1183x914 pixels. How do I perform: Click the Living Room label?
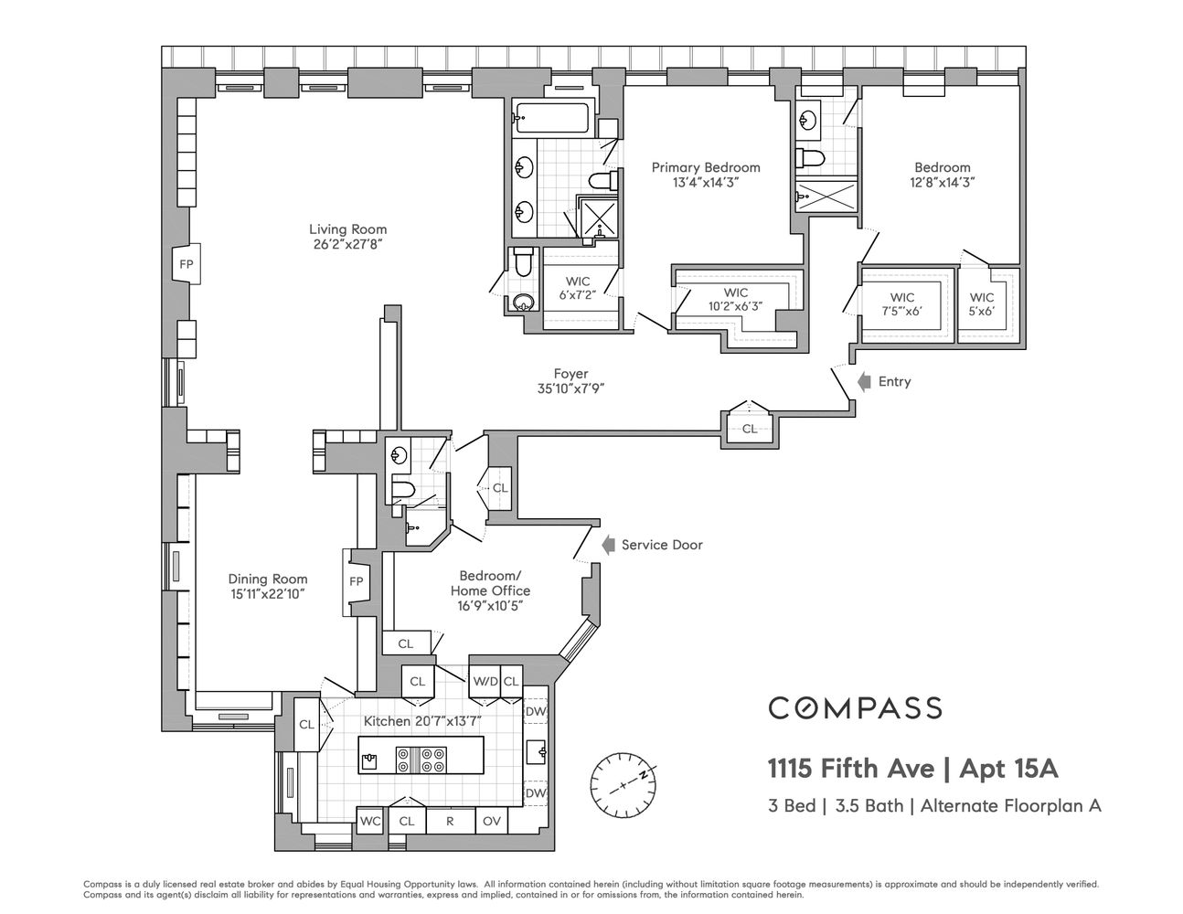(347, 229)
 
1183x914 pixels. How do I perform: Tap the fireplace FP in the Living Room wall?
(186, 265)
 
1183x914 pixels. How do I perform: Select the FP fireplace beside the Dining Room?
(356, 581)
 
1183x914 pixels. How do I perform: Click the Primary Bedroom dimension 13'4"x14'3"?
(705, 182)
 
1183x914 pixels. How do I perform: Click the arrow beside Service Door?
(606, 545)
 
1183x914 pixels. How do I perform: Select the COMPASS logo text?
(854, 707)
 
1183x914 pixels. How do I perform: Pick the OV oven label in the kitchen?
(491, 821)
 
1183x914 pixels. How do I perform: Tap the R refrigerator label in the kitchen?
(450, 821)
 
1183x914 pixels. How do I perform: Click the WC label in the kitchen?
(369, 821)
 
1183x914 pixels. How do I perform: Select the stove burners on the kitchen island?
(421, 759)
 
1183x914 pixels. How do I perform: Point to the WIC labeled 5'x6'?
(982, 304)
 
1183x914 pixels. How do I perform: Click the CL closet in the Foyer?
(749, 428)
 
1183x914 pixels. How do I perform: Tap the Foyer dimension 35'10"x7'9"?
(570, 388)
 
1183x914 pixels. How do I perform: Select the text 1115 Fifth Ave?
(850, 769)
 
